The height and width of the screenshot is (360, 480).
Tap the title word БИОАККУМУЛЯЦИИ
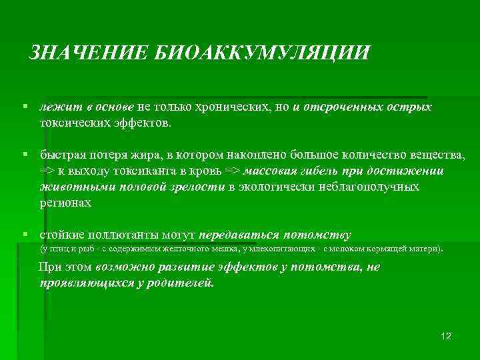point(262,53)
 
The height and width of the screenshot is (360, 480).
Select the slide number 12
point(446,335)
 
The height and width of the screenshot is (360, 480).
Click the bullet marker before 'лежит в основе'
point(24,107)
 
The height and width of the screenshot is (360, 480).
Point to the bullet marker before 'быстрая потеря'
point(24,154)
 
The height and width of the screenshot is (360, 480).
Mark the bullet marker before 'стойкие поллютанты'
point(24,235)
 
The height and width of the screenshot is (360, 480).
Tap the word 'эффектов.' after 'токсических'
point(145,123)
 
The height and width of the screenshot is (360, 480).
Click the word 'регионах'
point(65,203)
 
